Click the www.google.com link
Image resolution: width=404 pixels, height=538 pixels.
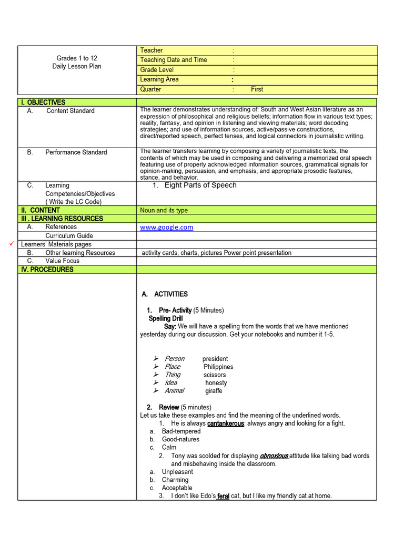(166, 227)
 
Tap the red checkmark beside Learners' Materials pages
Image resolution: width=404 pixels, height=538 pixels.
(11, 244)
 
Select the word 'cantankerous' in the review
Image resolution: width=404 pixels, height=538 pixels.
(226, 423)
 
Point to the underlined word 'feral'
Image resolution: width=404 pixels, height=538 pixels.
(223, 496)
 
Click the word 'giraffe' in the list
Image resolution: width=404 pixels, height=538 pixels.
(214, 391)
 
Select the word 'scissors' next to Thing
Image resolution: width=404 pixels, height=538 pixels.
(215, 375)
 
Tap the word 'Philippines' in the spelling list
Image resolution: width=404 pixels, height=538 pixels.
(218, 367)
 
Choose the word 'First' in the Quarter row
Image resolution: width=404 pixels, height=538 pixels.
(257, 89)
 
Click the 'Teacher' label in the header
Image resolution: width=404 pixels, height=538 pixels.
(151, 50)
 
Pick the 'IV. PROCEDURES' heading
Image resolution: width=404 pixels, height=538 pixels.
(47, 270)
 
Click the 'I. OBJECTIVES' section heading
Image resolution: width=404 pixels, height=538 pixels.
(43, 102)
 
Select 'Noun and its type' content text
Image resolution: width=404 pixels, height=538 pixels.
(164, 210)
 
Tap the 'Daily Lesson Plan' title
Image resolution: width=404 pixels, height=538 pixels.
(77, 67)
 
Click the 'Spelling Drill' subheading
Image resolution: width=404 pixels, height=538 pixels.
(166, 318)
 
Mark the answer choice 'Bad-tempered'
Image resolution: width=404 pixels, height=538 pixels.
(181, 431)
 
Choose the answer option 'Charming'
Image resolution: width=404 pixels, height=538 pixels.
(175, 480)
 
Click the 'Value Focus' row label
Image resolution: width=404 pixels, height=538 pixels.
(62, 261)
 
